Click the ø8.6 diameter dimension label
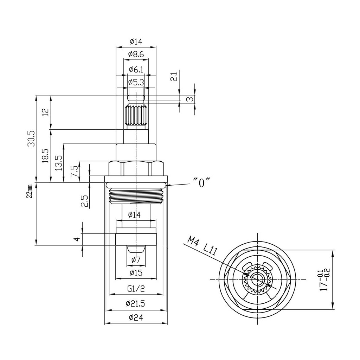coord(136,54)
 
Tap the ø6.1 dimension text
coord(136,69)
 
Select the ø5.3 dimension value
coord(136,83)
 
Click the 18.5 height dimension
coord(45,155)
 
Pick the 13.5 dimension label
coord(59,163)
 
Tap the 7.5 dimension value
coord(74,171)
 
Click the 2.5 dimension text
coord(84,201)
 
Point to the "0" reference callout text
coord(201,183)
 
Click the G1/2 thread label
coord(136,289)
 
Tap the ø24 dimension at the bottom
coord(136,318)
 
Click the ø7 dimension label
coord(136,260)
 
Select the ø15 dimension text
coord(136,273)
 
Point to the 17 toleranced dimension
coord(323,279)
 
